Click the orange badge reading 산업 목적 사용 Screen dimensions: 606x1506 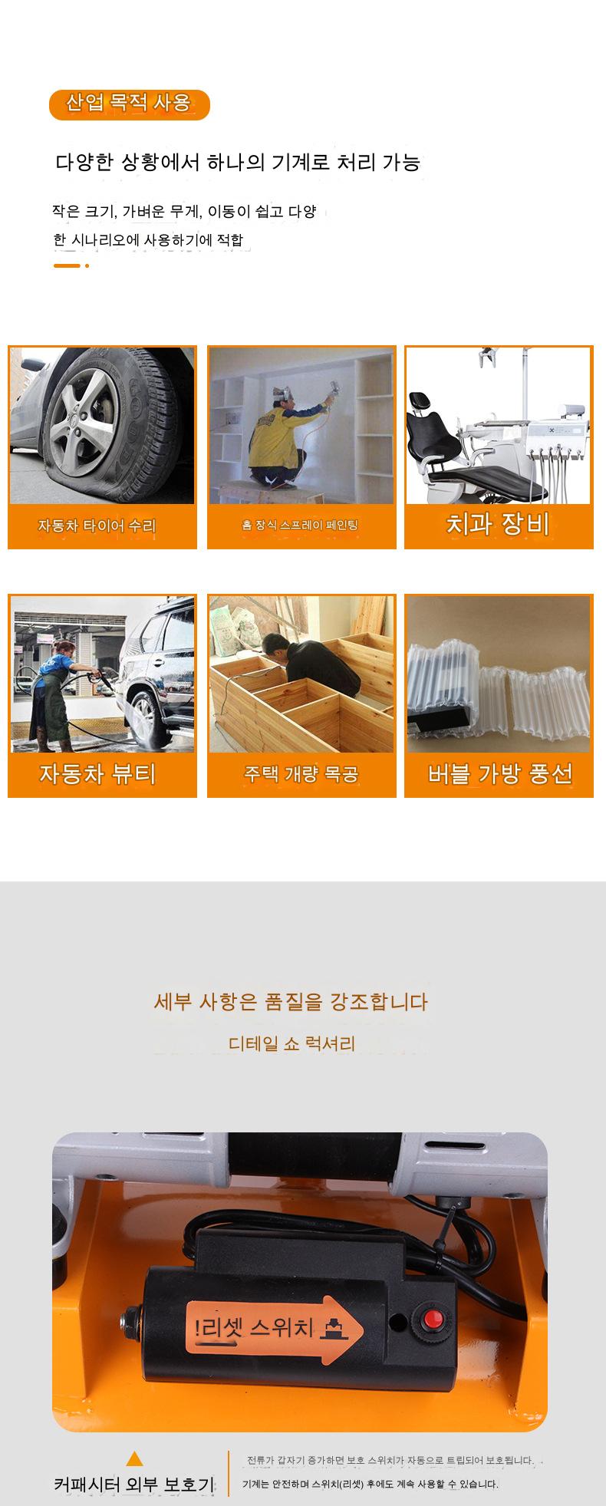tap(129, 104)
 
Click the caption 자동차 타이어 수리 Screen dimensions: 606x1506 tap(97, 526)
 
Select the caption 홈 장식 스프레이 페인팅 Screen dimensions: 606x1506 tap(300, 526)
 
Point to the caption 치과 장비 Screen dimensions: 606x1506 tap(498, 524)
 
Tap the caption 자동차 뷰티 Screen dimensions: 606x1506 tap(97, 774)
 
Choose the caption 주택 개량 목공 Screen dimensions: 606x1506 tap(301, 774)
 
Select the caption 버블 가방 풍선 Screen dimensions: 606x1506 tap(500, 774)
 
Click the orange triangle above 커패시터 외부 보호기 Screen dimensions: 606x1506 tap(134, 1458)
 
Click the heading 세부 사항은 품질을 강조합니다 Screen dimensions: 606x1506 tap(291, 1001)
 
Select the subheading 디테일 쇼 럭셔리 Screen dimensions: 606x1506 tap(291, 1043)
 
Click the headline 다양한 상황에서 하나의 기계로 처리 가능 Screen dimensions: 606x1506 tap(238, 163)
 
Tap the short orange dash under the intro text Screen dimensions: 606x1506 tap(67, 265)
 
